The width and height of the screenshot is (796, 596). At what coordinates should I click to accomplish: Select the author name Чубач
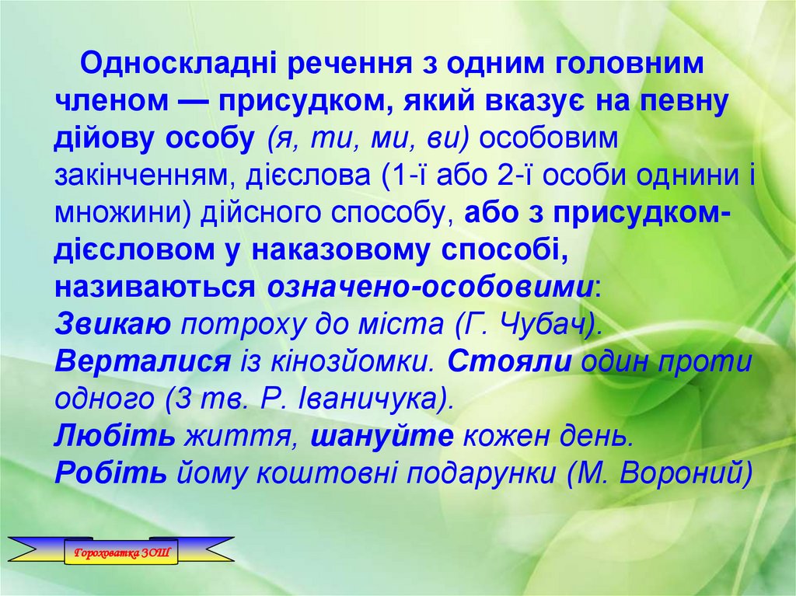[x=548, y=324]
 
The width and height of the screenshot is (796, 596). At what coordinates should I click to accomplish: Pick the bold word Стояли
[x=510, y=361]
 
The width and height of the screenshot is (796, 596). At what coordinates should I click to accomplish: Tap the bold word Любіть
[x=115, y=436]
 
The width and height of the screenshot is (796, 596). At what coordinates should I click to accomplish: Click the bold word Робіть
[x=110, y=473]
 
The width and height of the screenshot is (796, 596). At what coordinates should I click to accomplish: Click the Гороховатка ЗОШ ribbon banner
[x=120, y=552]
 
